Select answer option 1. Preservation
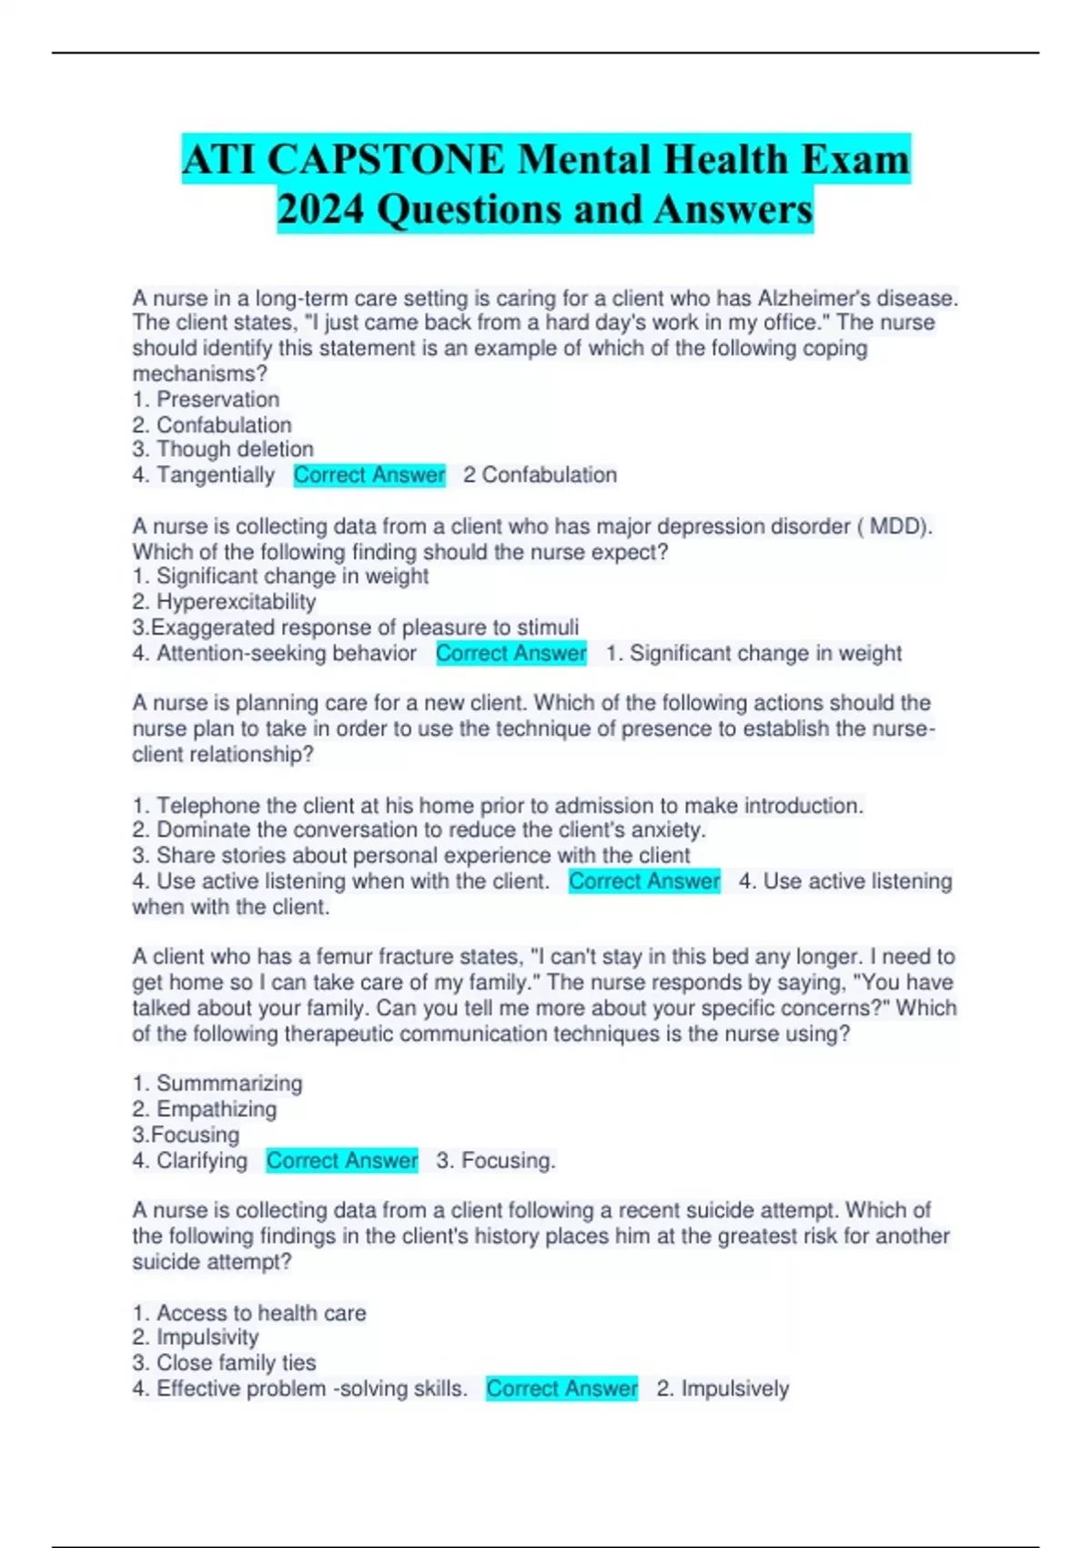click(206, 399)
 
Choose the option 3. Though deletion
click(223, 449)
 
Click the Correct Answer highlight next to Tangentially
click(369, 474)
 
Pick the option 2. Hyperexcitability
click(224, 602)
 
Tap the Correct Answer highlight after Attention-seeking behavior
click(511, 653)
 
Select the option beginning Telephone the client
click(497, 805)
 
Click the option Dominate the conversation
click(419, 830)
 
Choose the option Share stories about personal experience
click(411, 855)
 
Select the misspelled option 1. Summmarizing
click(217, 1083)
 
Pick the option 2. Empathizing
click(205, 1108)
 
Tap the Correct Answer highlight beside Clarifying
click(342, 1160)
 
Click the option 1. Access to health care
click(249, 1312)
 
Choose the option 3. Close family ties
click(224, 1362)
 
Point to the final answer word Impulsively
click(735, 1389)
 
